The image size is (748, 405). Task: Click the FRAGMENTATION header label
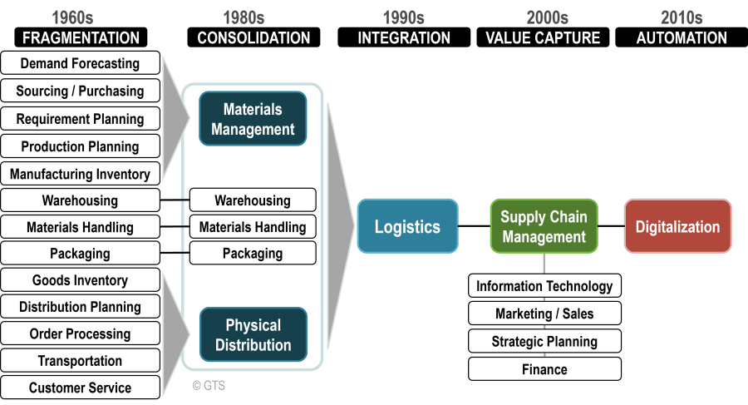pos(81,37)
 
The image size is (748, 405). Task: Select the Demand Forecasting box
pos(80,63)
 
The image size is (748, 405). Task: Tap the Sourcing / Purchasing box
pos(80,91)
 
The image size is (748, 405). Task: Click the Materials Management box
pos(253,119)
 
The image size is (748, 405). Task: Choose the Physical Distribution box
pos(253,335)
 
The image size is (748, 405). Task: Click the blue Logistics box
pos(407,226)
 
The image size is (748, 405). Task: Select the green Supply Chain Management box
pos(544,226)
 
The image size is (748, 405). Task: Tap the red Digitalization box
pos(677,226)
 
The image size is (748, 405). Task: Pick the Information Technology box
pos(544,286)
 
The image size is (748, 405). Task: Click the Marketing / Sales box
pos(544,314)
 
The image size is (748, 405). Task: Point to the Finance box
pos(544,369)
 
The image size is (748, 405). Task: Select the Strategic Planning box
pos(544,342)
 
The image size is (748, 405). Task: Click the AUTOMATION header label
pos(682,37)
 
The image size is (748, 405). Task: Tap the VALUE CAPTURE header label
pos(543,37)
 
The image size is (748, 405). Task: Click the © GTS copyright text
pos(209,385)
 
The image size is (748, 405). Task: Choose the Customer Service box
pos(80,388)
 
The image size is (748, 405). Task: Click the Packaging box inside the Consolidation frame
pos(253,254)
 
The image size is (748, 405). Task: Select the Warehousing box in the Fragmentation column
pos(80,200)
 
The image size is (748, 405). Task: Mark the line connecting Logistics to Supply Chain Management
pos(474,225)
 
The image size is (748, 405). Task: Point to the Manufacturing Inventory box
pos(80,174)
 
